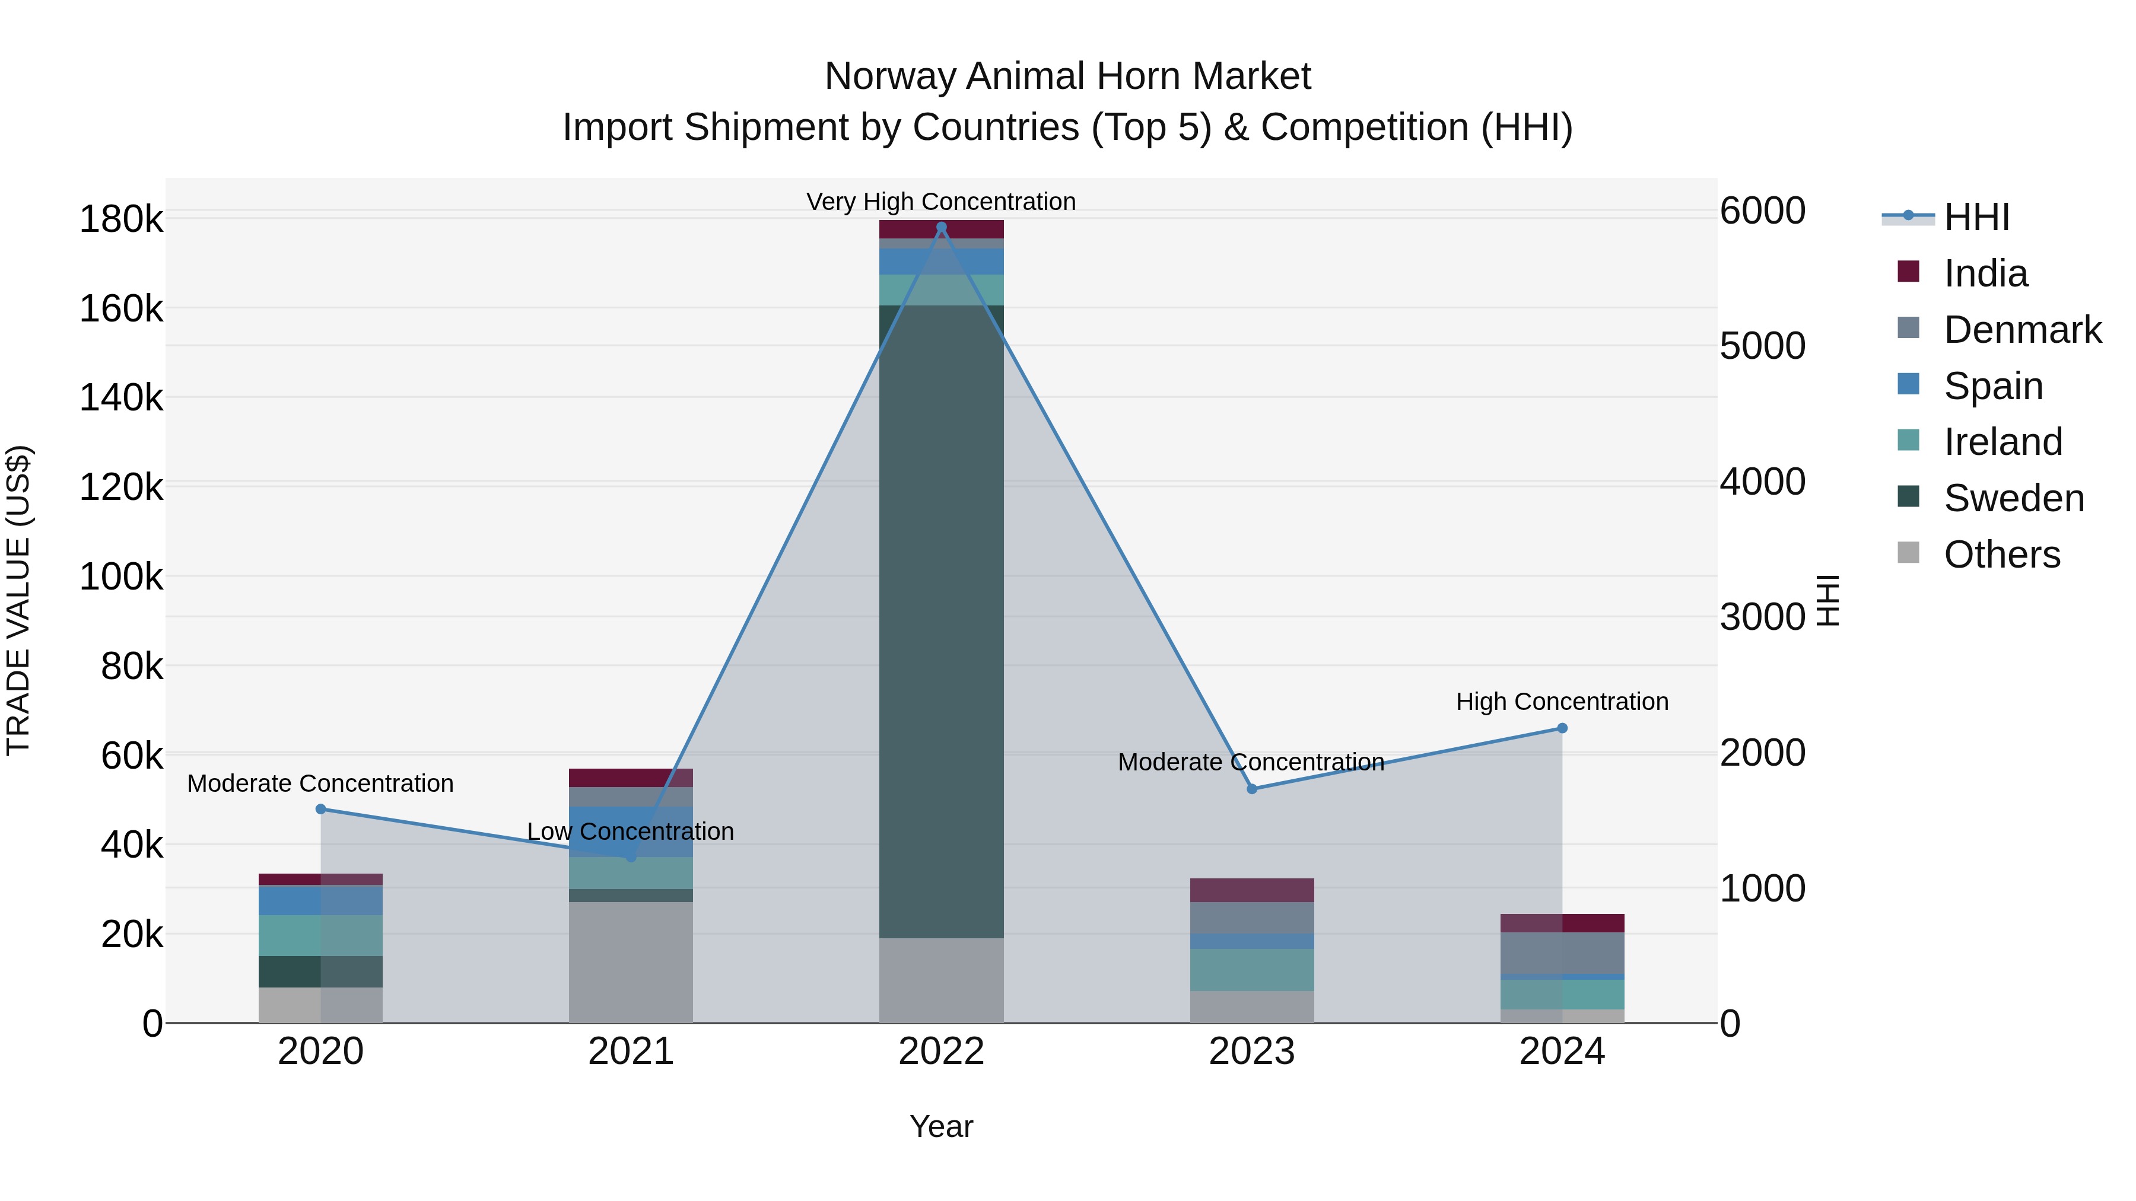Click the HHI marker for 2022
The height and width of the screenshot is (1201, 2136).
[x=941, y=227]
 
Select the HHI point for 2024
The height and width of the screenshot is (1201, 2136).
[x=1562, y=728]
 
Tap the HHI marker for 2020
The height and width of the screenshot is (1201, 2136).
[x=321, y=809]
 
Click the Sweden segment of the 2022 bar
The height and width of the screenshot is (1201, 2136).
[x=941, y=622]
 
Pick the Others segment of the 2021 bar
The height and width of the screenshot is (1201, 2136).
[x=630, y=961]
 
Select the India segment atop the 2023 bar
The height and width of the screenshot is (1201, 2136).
[x=1251, y=890]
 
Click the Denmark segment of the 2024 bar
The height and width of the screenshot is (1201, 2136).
[x=1562, y=953]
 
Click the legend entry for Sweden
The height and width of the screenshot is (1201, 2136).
[x=2013, y=498]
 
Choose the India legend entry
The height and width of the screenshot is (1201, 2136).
[x=1985, y=273]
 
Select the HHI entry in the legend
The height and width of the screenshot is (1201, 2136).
[x=1976, y=217]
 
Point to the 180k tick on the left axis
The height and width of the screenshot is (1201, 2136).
[x=121, y=219]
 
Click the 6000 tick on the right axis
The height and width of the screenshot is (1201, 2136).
[x=1762, y=211]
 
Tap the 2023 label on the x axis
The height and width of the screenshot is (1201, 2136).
[x=1251, y=1052]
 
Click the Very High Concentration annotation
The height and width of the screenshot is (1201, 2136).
[x=941, y=202]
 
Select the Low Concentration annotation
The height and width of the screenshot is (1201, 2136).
[x=630, y=832]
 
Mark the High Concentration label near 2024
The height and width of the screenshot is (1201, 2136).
[x=1562, y=702]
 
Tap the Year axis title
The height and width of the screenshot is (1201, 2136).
[x=941, y=1126]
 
